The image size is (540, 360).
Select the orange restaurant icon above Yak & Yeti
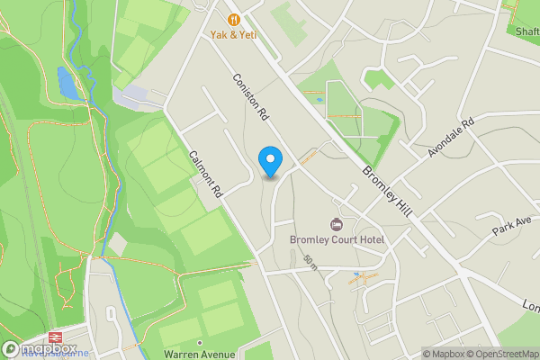[x=234, y=18]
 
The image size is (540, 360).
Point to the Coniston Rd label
[x=251, y=96]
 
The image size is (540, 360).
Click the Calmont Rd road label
[x=205, y=174]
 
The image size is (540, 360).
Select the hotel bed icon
[x=337, y=224]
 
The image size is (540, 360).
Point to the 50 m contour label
[x=310, y=263]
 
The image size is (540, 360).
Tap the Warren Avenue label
[x=199, y=354]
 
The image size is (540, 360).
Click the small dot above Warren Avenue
[x=199, y=342]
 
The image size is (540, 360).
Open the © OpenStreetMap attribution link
[x=500, y=354]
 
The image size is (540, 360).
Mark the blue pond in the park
[x=67, y=83]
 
